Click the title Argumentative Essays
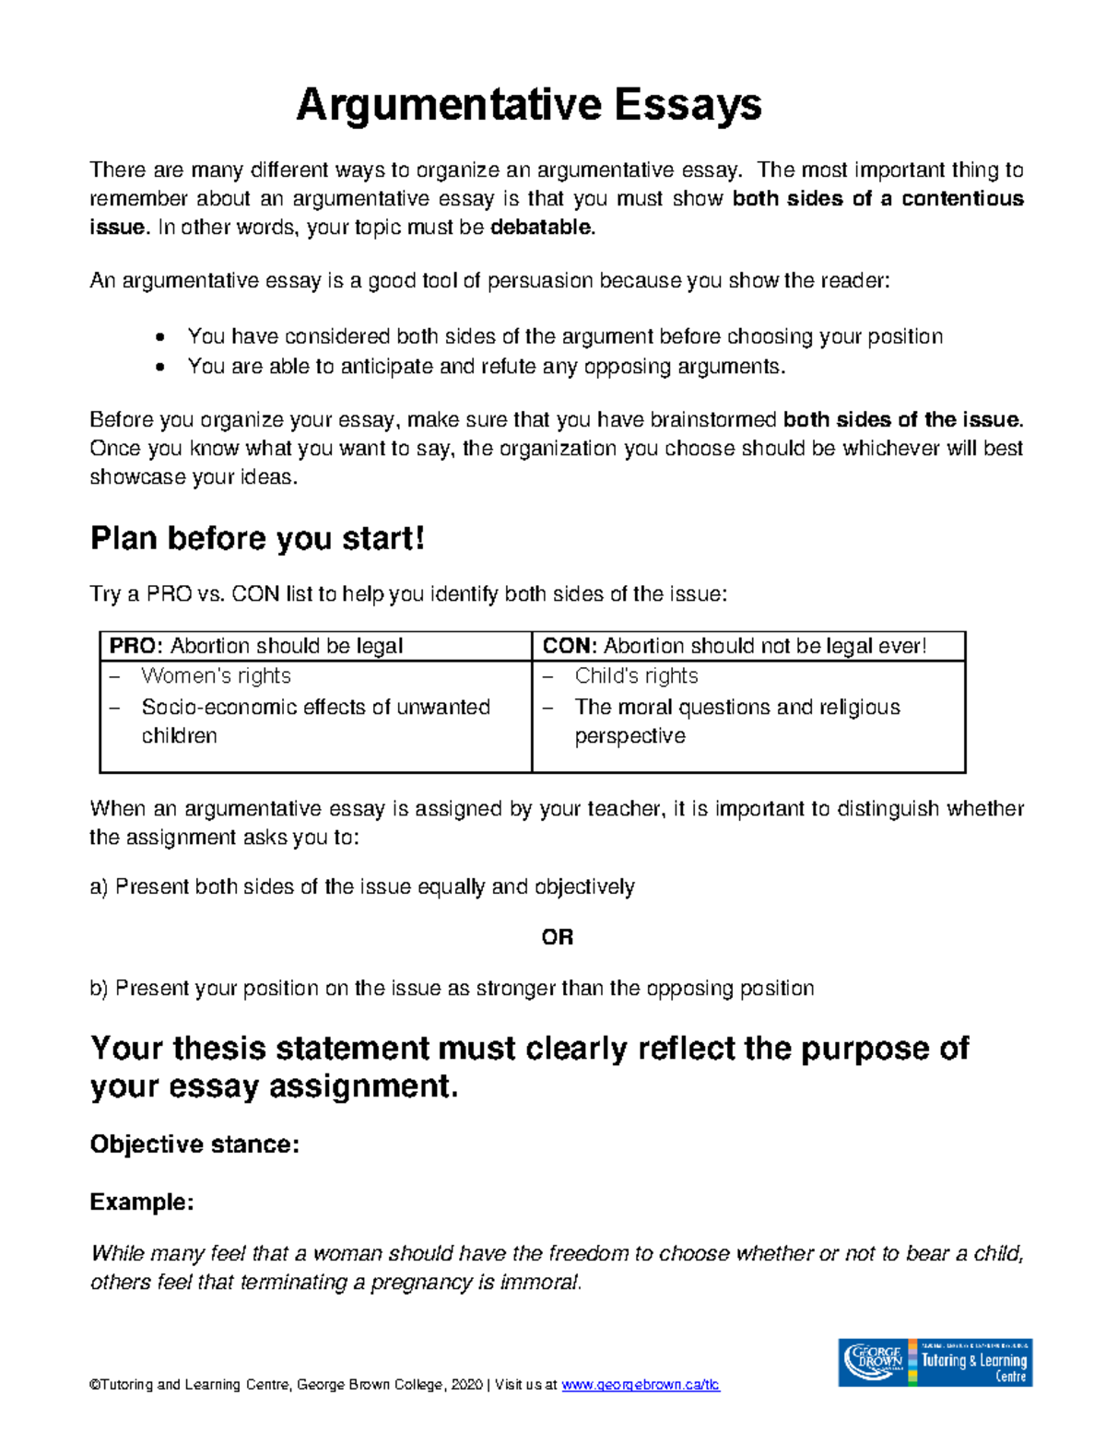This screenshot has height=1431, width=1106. coord(528,105)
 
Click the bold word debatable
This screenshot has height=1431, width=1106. coord(542,228)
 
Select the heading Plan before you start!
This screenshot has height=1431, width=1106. coord(257,538)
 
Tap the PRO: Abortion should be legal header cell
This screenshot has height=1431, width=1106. coord(315,646)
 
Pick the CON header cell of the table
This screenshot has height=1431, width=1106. coord(747,646)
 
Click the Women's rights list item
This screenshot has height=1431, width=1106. coord(216,676)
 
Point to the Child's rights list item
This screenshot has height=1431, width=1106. coord(636,676)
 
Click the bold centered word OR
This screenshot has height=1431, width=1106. coord(557,938)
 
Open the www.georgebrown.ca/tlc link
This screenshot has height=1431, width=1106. coord(641,1385)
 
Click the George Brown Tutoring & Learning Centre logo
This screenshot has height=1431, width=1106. coord(935,1362)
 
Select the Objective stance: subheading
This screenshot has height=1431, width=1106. coord(194,1144)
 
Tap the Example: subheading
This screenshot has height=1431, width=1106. coord(142,1202)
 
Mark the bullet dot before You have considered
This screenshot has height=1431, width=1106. coord(160,337)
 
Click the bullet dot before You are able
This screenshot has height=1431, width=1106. coord(160,367)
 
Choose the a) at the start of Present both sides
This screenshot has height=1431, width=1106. coord(99,887)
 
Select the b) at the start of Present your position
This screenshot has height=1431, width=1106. coord(99,989)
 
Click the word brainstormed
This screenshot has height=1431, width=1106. coord(712,420)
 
